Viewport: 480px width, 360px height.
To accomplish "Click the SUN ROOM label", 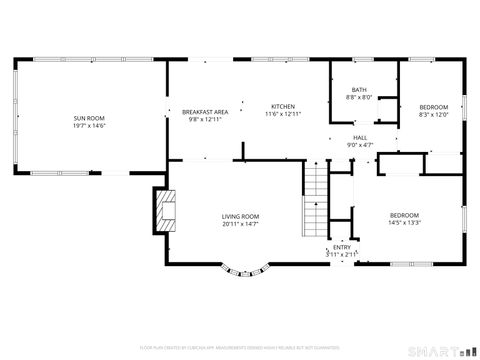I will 89,118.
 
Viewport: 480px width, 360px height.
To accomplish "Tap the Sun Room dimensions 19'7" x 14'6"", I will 89,125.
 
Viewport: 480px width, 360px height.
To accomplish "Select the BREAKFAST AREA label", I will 204,112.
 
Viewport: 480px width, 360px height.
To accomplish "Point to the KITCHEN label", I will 283,106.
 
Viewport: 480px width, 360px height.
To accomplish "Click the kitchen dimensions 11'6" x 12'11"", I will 283,113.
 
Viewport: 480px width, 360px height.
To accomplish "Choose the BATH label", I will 359,90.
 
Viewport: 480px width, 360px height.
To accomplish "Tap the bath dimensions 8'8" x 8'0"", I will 359,97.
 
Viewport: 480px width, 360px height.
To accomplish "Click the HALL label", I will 359,138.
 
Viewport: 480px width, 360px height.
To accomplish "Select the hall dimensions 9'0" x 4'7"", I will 359,145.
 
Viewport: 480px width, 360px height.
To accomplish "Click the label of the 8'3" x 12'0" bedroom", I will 433,107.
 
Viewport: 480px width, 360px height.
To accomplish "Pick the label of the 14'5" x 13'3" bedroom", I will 404,216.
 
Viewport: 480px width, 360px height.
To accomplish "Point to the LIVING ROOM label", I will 240,217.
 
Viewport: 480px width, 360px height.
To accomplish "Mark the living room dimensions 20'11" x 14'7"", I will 240,224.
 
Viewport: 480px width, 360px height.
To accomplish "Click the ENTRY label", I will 342,247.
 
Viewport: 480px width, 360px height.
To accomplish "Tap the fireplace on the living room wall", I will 163,208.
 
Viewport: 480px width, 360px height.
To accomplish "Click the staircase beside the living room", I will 315,199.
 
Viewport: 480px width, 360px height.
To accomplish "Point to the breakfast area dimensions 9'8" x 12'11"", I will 204,119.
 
